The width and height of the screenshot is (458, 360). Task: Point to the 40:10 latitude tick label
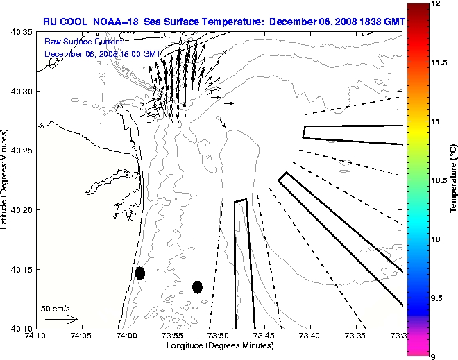22,328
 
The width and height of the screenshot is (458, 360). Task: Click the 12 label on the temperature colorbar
436,4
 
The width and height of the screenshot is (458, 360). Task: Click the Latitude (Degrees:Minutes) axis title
6,180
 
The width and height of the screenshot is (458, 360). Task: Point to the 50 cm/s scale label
56,309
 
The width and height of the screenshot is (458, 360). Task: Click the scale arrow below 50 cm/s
62,320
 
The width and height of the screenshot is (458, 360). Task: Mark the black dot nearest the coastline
140,273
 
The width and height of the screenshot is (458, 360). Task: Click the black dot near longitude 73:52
197,286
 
